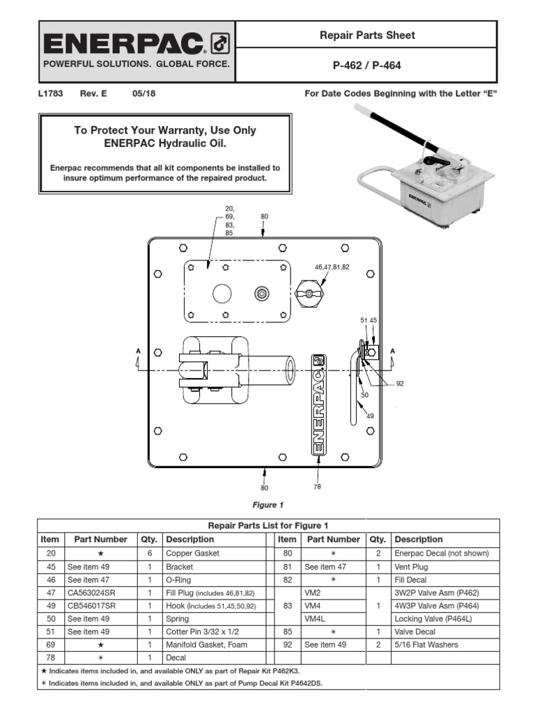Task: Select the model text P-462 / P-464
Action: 366,65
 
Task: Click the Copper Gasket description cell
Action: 192,554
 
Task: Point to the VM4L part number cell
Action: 314,619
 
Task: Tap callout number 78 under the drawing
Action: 317,487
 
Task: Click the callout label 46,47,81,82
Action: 332,267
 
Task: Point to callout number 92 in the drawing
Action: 400,383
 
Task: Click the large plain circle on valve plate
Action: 222,294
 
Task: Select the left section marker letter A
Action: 138,350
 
